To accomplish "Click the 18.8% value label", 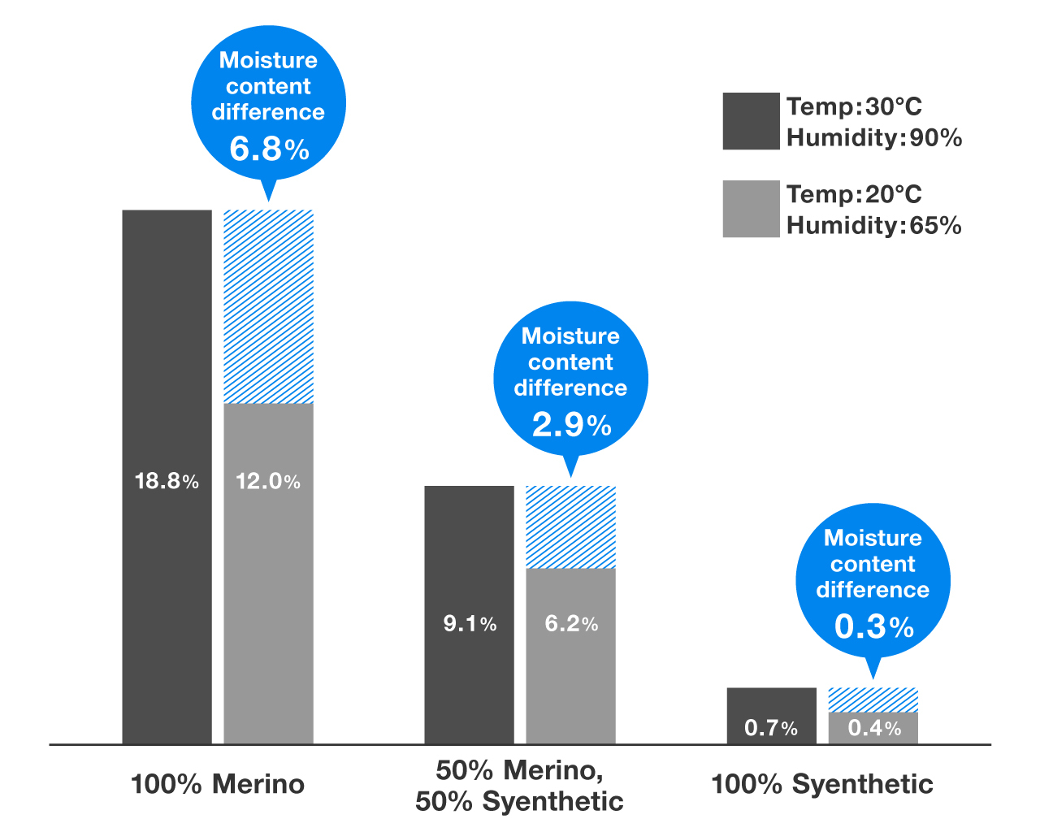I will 167,481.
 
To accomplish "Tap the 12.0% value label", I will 268,481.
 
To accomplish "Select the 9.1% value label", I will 470,623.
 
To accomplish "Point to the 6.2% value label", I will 571,623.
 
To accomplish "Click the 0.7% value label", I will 771,727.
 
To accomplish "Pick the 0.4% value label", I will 874,727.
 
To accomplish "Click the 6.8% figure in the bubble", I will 269,149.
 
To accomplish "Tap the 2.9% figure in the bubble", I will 571,424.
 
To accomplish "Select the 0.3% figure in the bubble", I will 873,626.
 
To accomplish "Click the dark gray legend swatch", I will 751,121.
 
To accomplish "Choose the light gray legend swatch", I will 751,209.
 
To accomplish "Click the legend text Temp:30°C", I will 854,106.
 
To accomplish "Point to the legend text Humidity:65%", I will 873,225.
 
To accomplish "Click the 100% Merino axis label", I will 218,784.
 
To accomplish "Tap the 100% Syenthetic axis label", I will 822,784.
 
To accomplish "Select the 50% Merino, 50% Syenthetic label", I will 520,785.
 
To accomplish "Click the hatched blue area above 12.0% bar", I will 268,306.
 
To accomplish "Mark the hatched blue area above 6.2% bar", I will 571,526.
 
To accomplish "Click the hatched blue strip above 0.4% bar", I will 873,700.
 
